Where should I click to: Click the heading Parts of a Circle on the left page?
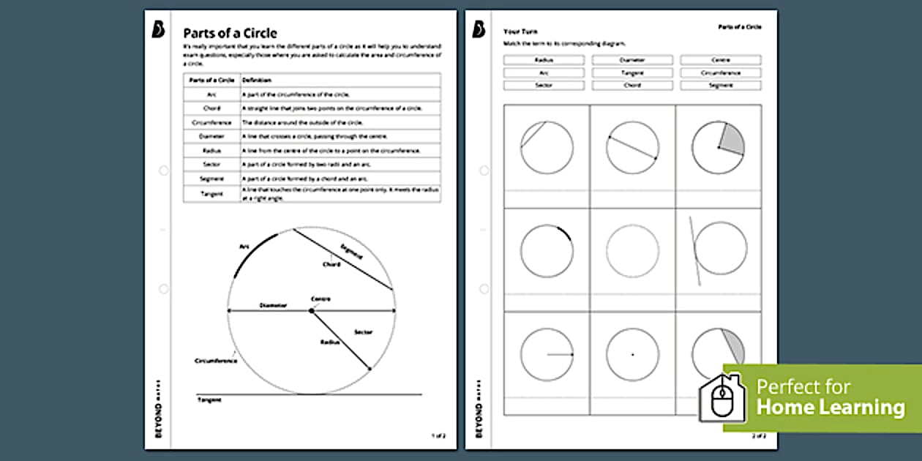(x=230, y=33)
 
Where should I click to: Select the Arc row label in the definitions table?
(x=211, y=94)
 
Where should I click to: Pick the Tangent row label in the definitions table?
(x=211, y=194)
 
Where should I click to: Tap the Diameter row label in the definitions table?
(x=211, y=136)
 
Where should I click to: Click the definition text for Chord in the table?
(x=331, y=108)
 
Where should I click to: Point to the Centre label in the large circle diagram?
(x=321, y=299)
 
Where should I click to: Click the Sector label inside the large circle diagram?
(x=363, y=332)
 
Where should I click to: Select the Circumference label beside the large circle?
(x=215, y=361)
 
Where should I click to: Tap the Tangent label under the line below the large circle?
(x=209, y=400)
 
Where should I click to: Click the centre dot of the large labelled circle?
(x=311, y=311)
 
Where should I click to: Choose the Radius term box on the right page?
(x=544, y=60)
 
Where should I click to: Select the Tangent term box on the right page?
(x=632, y=73)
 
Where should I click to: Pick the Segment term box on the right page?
(x=720, y=86)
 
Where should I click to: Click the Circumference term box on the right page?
(x=720, y=73)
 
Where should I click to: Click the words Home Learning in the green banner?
(x=830, y=407)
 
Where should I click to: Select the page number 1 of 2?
(x=438, y=436)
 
